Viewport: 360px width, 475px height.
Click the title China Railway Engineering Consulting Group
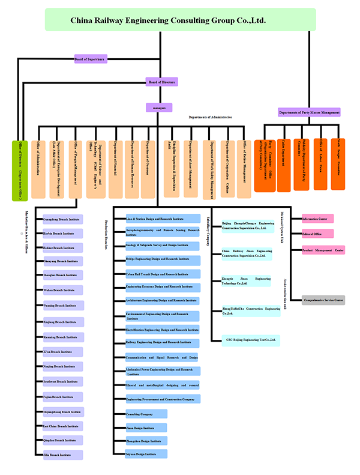(180, 20)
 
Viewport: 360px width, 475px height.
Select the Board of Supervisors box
(90, 59)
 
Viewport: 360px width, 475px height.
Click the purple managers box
(159, 107)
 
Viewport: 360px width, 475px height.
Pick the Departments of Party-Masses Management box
(309, 112)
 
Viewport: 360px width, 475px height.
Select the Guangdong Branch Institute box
(63, 219)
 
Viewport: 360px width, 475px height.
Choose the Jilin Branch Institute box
(63, 455)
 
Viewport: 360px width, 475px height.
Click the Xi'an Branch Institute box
(63, 351)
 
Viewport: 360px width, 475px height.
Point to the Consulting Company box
(146, 414)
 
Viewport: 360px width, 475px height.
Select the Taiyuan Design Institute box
(146, 455)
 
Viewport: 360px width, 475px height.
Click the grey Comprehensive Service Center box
(323, 300)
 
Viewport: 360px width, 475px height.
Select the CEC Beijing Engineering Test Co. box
(250, 340)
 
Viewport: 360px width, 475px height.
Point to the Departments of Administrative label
(210, 117)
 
